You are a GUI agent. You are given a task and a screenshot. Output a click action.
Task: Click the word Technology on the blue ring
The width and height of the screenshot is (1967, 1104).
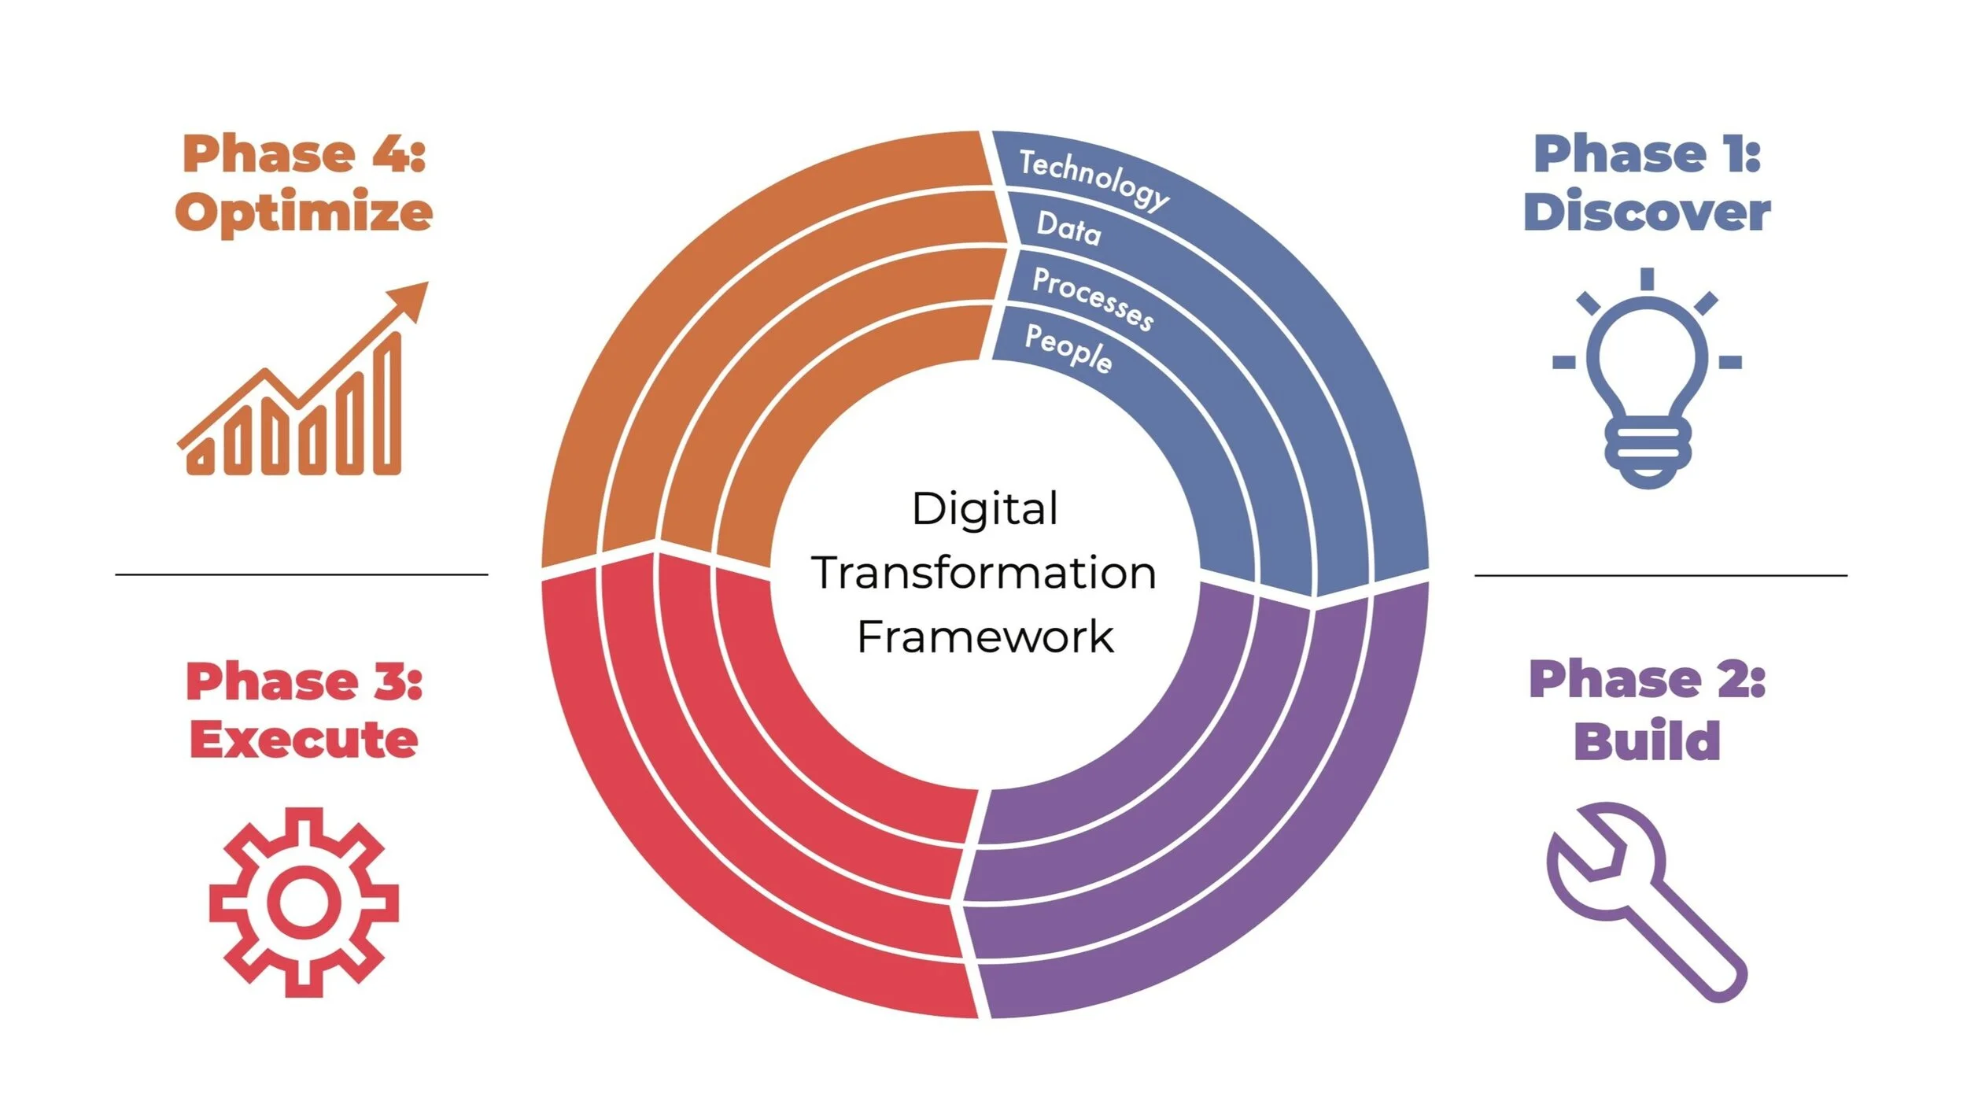[x=1094, y=179]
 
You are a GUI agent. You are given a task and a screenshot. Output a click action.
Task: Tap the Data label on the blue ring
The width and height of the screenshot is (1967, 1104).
[x=1068, y=228]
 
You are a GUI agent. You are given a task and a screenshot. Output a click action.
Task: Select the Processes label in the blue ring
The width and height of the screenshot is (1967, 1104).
[x=1092, y=298]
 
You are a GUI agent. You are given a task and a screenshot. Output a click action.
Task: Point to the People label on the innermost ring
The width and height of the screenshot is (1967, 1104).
[x=1068, y=347]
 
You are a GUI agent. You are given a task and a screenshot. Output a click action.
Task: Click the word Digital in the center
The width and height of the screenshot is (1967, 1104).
[x=984, y=509]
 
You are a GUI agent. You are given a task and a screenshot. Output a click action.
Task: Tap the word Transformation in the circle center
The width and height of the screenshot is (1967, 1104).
[x=984, y=572]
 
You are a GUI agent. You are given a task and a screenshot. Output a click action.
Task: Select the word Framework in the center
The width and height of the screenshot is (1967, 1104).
[x=984, y=637]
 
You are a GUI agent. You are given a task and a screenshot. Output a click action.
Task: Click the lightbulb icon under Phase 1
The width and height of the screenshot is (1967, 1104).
[x=1647, y=378]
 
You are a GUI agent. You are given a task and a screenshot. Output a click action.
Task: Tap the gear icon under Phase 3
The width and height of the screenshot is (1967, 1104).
[x=304, y=902]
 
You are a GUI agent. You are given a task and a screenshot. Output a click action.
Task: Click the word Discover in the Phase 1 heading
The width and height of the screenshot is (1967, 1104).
[x=1647, y=212]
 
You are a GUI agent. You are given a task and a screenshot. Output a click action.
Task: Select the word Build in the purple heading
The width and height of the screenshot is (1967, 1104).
[x=1647, y=740]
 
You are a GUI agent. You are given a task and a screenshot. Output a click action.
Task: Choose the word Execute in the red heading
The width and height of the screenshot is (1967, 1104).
[x=304, y=740]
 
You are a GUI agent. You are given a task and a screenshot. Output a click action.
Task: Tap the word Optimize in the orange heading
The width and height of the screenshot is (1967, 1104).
[x=304, y=212]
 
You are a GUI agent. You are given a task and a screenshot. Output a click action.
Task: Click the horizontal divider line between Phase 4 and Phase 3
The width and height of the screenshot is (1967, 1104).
[x=301, y=574]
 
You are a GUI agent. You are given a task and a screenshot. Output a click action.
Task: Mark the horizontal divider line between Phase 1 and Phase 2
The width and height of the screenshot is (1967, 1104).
[x=1660, y=575]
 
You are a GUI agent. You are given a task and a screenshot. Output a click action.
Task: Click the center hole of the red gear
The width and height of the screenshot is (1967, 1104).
[x=304, y=903]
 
